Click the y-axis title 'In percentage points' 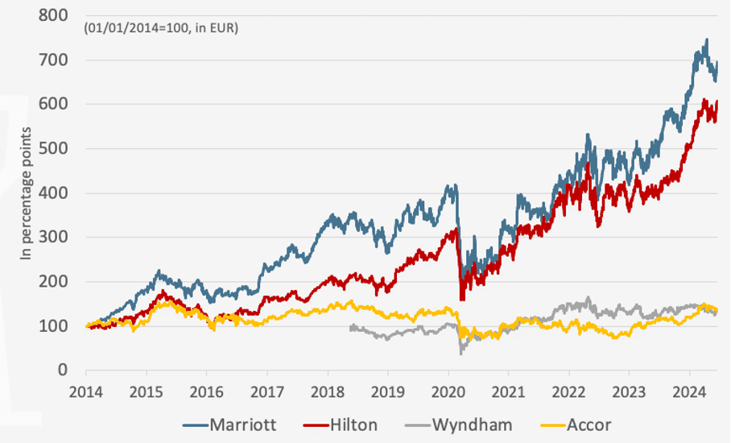(26, 193)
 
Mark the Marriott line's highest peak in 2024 (707, 39)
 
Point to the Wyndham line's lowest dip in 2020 (461, 353)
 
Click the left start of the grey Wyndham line (351, 327)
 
